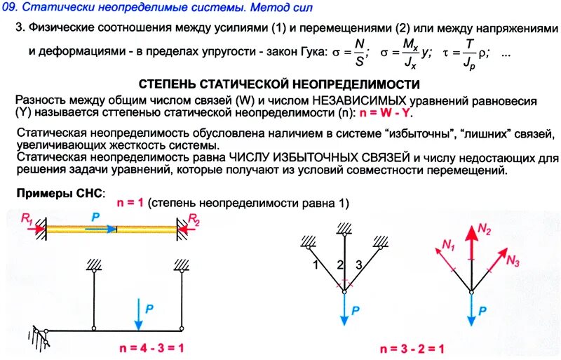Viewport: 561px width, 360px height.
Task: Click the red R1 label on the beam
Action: tap(27, 220)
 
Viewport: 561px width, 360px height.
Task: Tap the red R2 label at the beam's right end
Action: tap(194, 220)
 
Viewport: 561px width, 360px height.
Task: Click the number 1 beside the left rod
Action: tap(317, 265)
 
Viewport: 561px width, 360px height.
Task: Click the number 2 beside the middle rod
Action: tap(339, 265)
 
